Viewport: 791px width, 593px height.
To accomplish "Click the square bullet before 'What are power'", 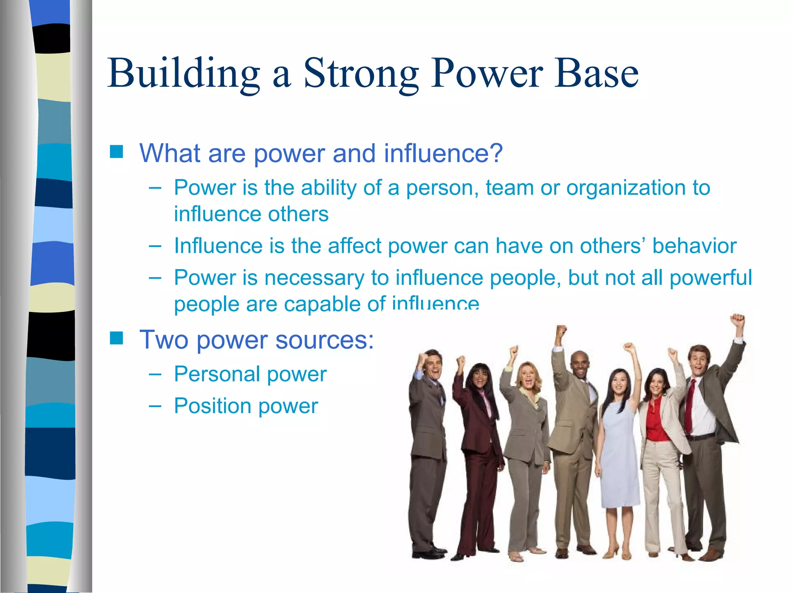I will (x=116, y=152).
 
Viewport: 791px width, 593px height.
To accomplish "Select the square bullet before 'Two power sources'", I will (x=116, y=338).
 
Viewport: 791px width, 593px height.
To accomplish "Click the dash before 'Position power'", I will (x=155, y=406).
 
